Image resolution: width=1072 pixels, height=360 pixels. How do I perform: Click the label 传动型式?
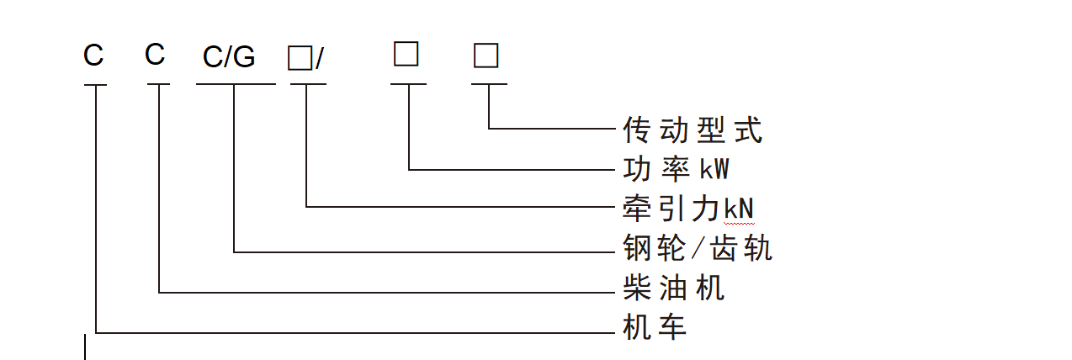pos(693,130)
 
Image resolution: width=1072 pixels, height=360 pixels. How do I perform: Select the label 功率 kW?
pos(676,170)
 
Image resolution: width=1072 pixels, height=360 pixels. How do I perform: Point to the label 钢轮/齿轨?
pos(697,249)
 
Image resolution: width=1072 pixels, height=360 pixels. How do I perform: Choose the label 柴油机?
pos(673,289)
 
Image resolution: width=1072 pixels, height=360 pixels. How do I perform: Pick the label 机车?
pos(655,327)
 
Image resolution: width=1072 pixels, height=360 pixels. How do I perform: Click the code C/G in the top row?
pos(229,58)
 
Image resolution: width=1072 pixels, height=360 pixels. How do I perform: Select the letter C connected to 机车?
pos(93,56)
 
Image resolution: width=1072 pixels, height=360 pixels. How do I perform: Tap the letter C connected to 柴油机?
pos(155,56)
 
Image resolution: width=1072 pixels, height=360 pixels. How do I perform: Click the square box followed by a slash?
pos(299,58)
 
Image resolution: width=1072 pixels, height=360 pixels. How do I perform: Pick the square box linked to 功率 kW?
pos(406,55)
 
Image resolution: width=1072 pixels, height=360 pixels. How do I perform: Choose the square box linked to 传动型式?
pos(486,56)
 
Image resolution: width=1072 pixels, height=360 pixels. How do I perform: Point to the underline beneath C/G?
pos(236,84)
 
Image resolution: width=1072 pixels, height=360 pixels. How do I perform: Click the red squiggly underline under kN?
pos(738,225)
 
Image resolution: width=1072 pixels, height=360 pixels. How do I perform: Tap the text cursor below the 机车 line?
pos(85,347)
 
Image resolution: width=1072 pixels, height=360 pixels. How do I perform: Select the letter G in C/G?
pos(243,58)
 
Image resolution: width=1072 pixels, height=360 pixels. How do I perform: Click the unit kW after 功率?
pos(715,170)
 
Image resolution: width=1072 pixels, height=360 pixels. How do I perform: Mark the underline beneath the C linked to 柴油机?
pos(158,84)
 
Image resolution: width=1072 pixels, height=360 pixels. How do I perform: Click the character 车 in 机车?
pos(672,327)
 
